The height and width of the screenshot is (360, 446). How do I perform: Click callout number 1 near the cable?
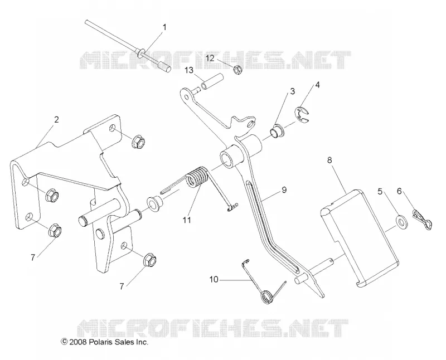point(164,27)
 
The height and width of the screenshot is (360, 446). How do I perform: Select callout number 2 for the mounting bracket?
point(56,120)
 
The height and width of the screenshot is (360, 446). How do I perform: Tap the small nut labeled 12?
point(238,70)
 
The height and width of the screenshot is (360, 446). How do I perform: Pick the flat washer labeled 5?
point(401,220)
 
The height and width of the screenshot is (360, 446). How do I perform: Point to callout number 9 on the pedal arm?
point(284,190)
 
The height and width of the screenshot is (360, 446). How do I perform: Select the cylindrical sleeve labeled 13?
point(212,81)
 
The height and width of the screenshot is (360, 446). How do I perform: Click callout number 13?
point(189,70)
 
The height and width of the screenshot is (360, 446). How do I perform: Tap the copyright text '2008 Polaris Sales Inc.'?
point(108,342)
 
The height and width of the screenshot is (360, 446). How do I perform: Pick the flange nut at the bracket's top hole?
point(138,140)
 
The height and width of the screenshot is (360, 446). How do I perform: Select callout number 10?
point(214,280)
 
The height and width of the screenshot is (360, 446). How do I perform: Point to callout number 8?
point(329,160)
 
